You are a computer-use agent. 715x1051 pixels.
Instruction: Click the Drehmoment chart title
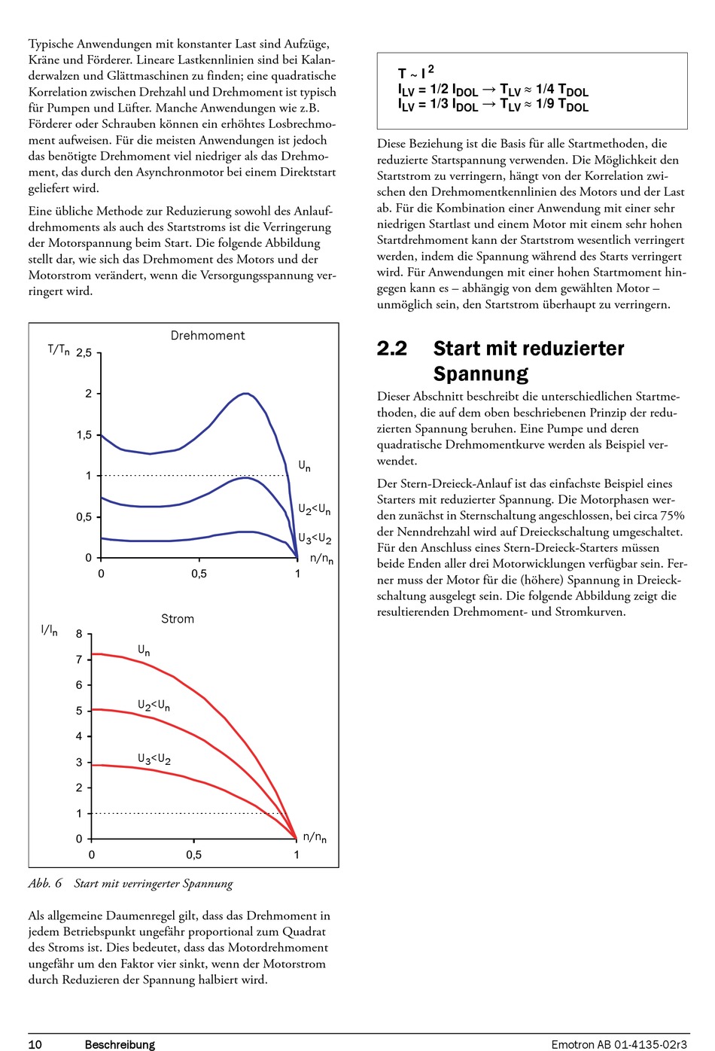208,336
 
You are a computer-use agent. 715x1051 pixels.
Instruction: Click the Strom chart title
178,619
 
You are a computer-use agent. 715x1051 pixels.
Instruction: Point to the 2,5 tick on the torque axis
84,353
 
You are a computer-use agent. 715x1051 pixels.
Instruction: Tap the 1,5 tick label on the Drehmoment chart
84,435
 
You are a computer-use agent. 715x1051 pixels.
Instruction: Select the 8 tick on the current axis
79,634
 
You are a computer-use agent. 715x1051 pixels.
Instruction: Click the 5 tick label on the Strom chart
79,711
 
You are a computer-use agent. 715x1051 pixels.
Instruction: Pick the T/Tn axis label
59,350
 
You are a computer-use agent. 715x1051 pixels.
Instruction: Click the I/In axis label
49,631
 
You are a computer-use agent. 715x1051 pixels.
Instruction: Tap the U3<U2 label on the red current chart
154,759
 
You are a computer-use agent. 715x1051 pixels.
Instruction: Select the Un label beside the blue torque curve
305,466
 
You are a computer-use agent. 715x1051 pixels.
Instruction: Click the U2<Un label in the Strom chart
154,705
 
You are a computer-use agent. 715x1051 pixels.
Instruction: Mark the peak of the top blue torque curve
245,393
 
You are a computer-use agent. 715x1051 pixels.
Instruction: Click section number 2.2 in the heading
392,349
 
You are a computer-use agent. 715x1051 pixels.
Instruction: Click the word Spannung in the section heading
480,374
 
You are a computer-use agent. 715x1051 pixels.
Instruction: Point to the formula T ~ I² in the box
415,72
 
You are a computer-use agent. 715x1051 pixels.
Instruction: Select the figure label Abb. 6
45,884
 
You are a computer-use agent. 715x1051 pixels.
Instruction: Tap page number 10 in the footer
35,1044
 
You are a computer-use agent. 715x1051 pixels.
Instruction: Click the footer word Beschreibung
120,1045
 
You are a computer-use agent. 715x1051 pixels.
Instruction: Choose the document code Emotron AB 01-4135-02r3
619,1044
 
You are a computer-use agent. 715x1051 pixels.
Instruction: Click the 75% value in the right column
672,516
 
